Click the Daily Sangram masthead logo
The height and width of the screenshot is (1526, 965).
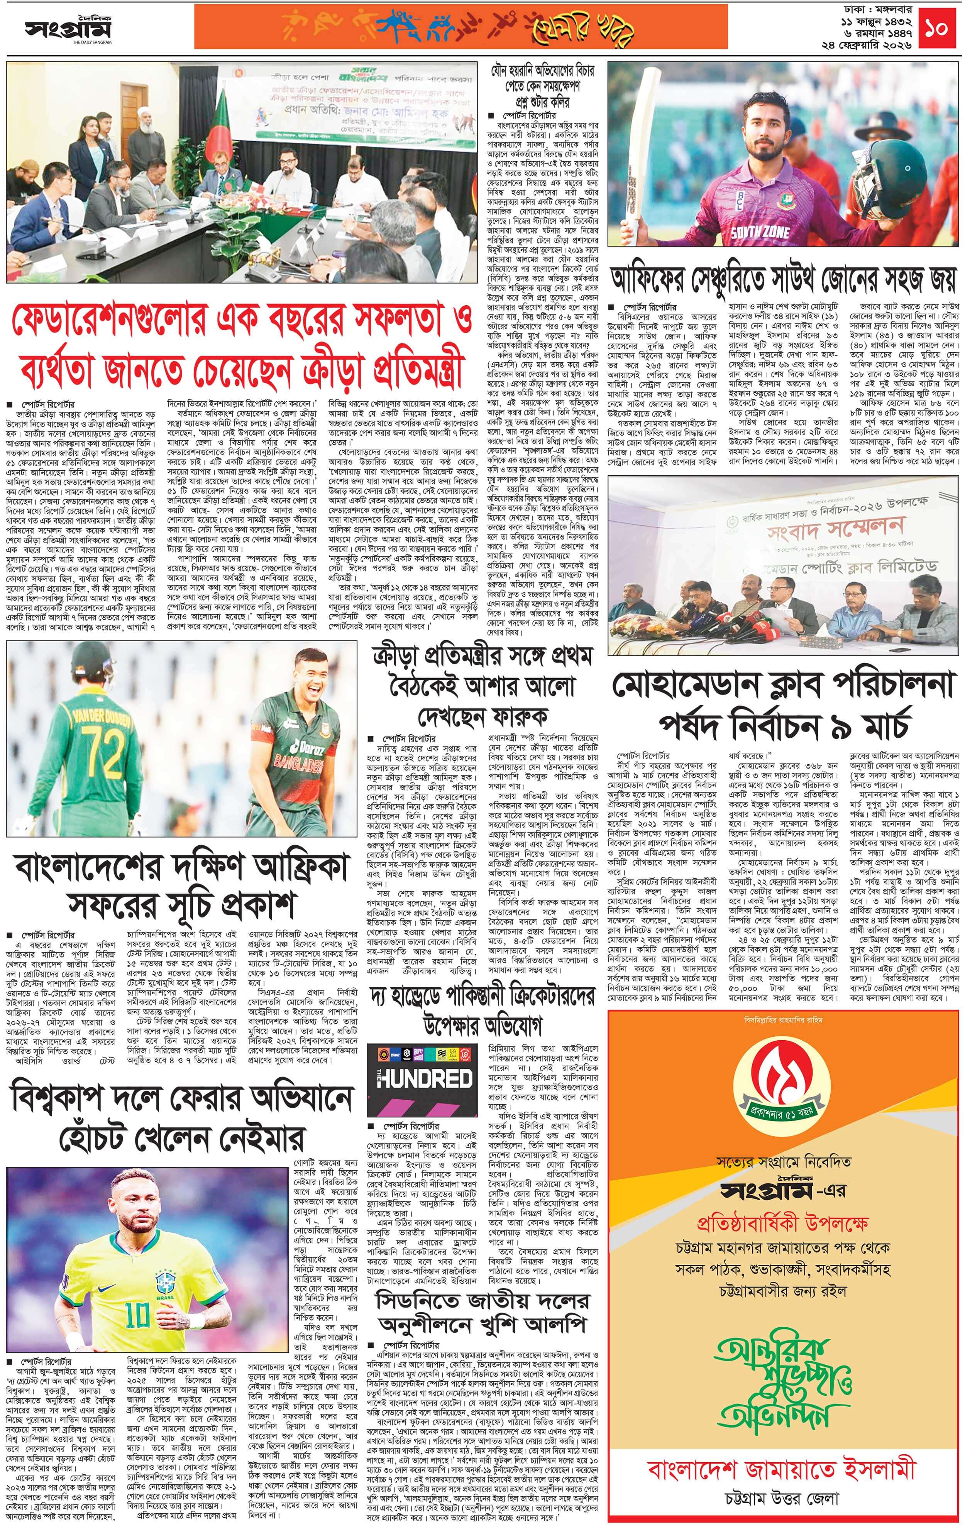[x=68, y=29]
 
